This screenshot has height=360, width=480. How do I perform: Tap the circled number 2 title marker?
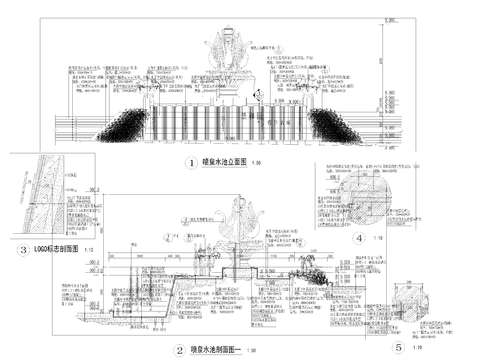[x=179, y=350]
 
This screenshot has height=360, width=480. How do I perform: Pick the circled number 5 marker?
[x=398, y=347]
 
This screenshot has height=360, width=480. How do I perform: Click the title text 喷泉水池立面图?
[x=217, y=162]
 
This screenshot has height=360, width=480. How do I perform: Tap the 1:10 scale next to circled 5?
[x=419, y=349]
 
